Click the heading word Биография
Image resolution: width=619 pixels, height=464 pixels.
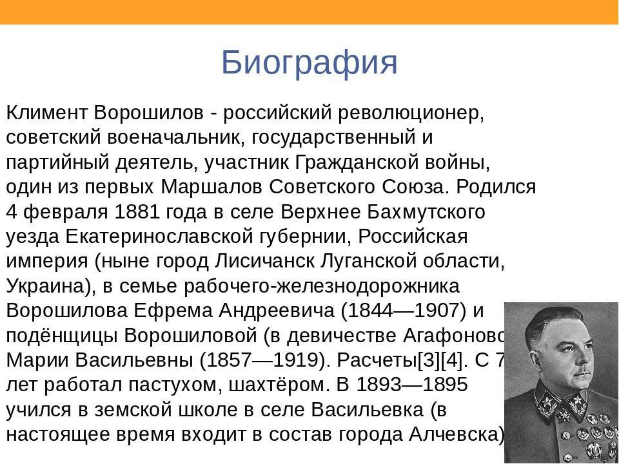pos(309,63)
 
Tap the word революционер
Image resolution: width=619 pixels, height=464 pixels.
pos(411,114)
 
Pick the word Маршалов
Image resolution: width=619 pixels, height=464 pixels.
pos(211,187)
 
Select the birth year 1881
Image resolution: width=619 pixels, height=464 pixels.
pos(137,212)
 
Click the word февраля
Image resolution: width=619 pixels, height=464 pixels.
pos(66,213)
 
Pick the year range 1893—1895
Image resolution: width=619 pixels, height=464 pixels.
pos(412,384)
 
